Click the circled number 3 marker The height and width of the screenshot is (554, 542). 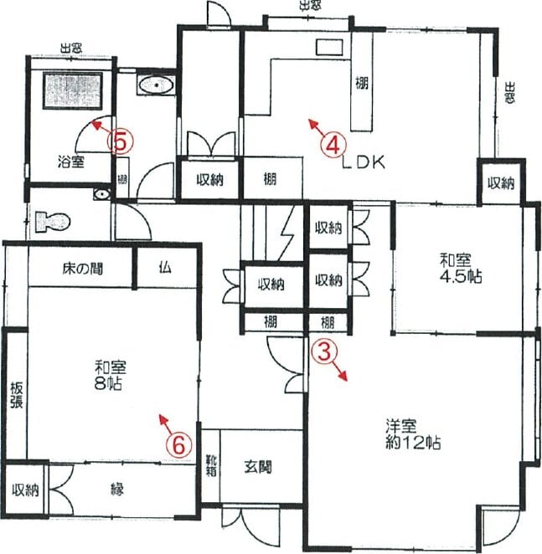click(x=324, y=353)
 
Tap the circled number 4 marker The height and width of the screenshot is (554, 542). click(x=333, y=145)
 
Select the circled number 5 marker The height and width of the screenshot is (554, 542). click(x=121, y=143)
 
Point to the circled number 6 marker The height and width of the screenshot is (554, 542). click(x=179, y=445)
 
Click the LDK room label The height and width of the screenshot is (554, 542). click(x=364, y=162)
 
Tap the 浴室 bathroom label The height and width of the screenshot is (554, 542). click(x=71, y=162)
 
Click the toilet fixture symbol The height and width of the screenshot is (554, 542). click(x=53, y=222)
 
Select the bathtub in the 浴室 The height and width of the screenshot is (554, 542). click(x=73, y=90)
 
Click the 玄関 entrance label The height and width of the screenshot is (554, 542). click(x=258, y=468)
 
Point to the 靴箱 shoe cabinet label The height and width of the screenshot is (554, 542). click(x=211, y=465)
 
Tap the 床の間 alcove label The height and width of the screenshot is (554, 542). click(x=83, y=269)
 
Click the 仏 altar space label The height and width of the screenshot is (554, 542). click(x=165, y=268)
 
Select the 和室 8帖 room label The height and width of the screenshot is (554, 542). click(x=110, y=375)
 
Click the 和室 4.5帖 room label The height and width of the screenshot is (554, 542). click(x=460, y=269)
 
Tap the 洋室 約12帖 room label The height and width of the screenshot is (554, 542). click(x=413, y=434)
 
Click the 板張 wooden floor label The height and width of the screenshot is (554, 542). click(x=16, y=395)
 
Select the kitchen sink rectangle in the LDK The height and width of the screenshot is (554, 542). click(x=329, y=48)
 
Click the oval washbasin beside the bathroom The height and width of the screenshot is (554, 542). click(x=156, y=85)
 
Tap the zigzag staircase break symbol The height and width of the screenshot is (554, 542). click(x=286, y=233)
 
